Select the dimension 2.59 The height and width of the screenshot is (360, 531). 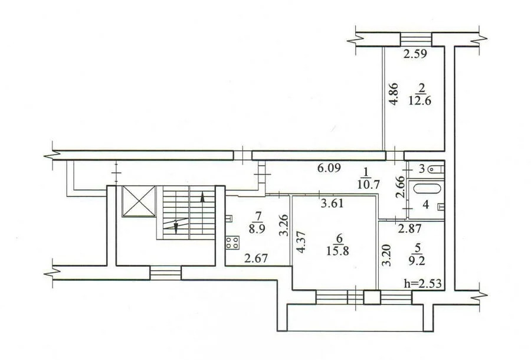coord(414,55)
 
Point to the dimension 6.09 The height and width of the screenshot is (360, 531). coord(329,168)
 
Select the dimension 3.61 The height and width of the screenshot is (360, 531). coord(333,204)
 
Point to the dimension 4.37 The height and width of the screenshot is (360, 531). coord(301,241)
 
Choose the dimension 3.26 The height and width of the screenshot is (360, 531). coord(282,225)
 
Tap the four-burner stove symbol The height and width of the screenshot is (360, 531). coord(232,243)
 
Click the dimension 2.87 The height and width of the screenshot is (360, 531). coord(408,228)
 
